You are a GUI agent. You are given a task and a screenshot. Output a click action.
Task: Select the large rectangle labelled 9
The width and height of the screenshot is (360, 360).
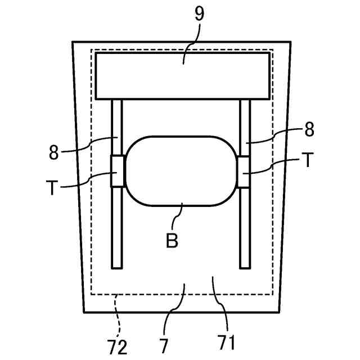(x=182, y=76)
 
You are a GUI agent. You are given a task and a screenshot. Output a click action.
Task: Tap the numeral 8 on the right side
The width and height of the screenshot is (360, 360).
(x=309, y=130)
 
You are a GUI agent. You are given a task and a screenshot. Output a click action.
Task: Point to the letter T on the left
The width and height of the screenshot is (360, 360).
(x=52, y=187)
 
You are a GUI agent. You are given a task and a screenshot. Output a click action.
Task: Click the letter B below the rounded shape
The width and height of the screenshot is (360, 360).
(x=172, y=240)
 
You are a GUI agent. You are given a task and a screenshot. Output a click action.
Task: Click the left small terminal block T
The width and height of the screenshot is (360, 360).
(x=117, y=171)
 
